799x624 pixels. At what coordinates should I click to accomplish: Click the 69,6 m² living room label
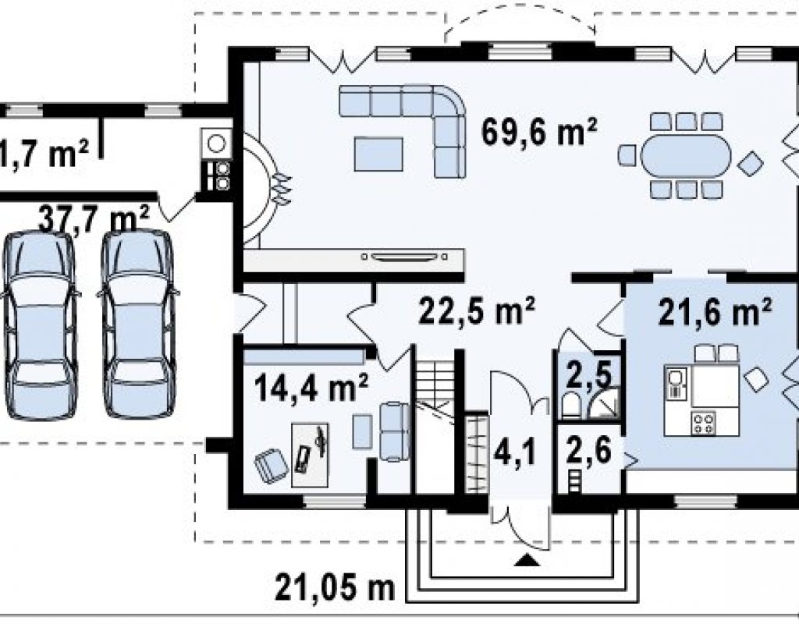click(539, 132)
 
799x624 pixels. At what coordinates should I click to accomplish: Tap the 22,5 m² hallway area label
click(477, 310)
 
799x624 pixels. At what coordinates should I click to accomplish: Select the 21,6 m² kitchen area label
click(715, 311)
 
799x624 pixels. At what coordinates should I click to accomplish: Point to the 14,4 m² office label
click(311, 387)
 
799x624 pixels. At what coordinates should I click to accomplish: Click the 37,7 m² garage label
click(94, 219)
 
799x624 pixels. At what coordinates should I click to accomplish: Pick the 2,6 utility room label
click(588, 450)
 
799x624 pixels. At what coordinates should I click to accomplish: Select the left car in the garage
click(41, 324)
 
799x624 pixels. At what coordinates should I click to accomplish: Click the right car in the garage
click(138, 324)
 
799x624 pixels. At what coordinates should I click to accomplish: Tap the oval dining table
click(685, 156)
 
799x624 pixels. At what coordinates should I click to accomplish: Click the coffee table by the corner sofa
click(378, 154)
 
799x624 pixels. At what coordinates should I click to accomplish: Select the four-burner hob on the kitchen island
click(703, 423)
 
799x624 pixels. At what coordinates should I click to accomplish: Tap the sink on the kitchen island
click(676, 382)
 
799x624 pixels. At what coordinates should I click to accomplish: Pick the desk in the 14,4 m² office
click(310, 455)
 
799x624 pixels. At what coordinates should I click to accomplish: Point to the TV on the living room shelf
click(403, 256)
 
